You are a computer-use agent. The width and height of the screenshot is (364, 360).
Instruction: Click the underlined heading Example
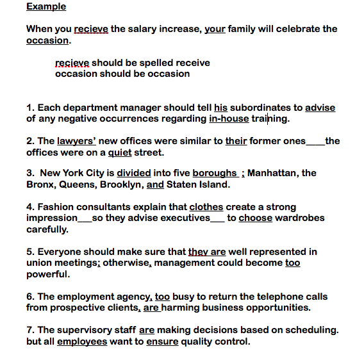click(x=46, y=6)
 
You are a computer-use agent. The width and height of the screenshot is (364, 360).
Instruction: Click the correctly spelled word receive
click(x=192, y=63)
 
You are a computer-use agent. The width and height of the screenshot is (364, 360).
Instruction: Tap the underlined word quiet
click(x=119, y=152)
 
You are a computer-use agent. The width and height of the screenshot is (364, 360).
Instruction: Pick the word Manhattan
click(x=272, y=173)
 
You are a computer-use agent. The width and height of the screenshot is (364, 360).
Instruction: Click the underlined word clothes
click(x=206, y=207)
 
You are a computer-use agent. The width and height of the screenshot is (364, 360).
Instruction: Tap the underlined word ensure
click(x=162, y=341)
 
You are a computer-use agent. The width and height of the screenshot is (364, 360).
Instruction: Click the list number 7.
click(x=29, y=330)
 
